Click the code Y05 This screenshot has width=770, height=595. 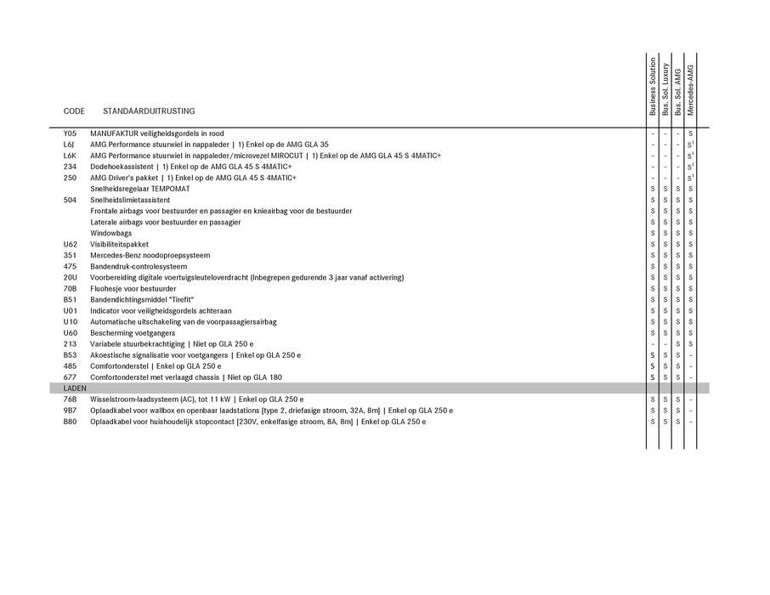coord(70,133)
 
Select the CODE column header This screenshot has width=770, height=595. coord(74,111)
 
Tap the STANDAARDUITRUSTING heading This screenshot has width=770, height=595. coord(149,111)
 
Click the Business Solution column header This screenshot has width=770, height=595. coord(653,87)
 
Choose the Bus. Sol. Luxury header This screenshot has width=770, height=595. coord(665,89)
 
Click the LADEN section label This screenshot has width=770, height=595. coord(75,388)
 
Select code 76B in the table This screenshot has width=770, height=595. coord(70,399)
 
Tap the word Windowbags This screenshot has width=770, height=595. coord(111,233)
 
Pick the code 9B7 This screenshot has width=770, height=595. coord(70,411)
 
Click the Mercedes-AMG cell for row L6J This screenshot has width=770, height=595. coord(691,144)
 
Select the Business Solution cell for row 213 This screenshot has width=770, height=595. coord(653,344)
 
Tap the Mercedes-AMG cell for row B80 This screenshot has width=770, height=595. coord(691,422)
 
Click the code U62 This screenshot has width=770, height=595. coord(70,244)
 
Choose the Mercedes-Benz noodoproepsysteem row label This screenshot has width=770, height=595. coord(150,255)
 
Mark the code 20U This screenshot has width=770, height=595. coord(70,277)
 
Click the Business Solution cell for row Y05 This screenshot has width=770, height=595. coord(653,133)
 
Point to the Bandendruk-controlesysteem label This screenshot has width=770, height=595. coord(139,266)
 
